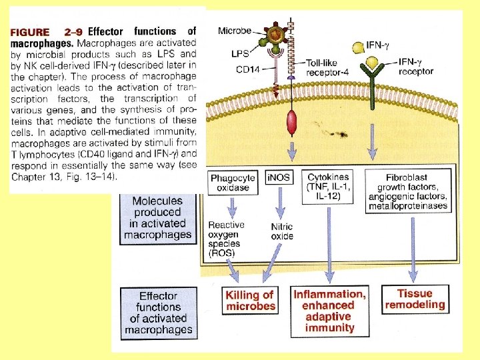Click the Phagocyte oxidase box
233,183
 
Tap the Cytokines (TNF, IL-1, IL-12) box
329,188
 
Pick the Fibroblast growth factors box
408,192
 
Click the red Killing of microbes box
250,300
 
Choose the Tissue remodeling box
415,299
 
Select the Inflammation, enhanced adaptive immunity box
329,310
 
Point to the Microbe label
235,31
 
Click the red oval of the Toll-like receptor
291,123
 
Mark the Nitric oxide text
282,231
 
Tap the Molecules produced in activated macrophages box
161,217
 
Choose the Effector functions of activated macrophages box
159,312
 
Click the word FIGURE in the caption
31,31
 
